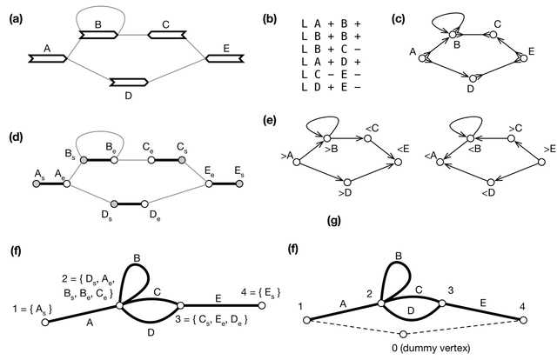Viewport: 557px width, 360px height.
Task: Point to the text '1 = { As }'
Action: click(x=32, y=310)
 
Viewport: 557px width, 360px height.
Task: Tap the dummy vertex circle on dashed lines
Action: click(x=403, y=334)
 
